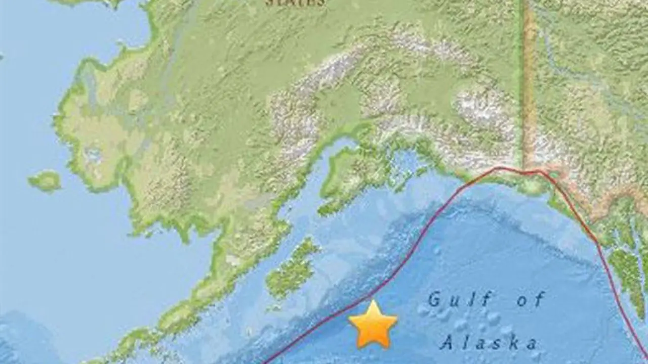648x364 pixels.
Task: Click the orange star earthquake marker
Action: click(x=373, y=325)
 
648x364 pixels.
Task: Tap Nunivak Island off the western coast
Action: click(x=45, y=181)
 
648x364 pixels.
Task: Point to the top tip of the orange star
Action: click(x=374, y=302)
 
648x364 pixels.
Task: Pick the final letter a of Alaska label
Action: click(x=531, y=344)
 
